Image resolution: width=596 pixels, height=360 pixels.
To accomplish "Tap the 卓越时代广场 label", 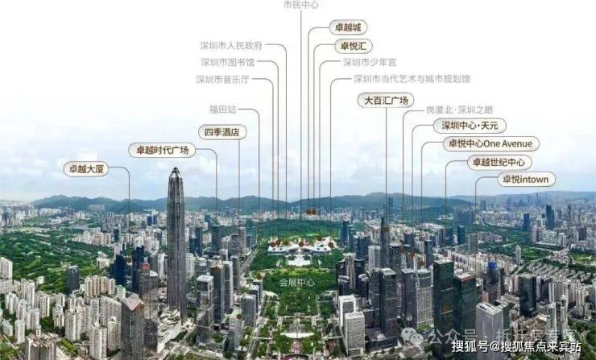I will [162, 150].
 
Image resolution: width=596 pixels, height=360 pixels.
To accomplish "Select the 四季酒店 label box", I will [222, 132].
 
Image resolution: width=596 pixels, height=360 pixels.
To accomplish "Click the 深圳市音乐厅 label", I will [223, 79].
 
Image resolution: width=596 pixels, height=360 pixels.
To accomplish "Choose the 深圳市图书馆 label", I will [227, 62].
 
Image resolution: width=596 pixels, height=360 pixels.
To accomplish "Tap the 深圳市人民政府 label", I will [232, 46].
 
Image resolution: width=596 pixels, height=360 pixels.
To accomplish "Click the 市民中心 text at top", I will [300, 5].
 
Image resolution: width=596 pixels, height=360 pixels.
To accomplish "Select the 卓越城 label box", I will [350, 27].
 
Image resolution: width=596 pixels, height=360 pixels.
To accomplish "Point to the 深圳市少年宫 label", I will [369, 62].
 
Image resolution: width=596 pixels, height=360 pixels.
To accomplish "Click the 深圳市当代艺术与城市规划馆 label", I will [412, 79].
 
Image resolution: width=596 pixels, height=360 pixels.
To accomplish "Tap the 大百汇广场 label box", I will [386, 100].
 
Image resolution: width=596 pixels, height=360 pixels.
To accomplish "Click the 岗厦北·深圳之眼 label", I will [460, 109].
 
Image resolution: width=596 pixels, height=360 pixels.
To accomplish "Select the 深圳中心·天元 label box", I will [470, 126].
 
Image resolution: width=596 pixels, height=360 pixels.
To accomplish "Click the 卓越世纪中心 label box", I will [500, 162].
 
